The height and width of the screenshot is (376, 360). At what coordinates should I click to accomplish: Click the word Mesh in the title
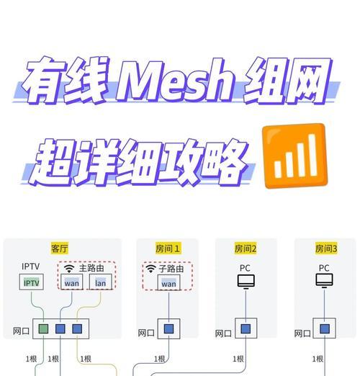tap(174, 81)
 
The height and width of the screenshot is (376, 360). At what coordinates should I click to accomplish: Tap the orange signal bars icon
tap(295, 156)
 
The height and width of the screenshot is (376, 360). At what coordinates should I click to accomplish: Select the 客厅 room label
tap(60, 248)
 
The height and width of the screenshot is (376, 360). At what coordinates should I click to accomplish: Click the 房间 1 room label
tap(168, 249)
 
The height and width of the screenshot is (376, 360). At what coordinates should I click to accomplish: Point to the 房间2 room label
tap(246, 249)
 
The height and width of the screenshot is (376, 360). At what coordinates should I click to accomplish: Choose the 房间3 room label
tap(326, 249)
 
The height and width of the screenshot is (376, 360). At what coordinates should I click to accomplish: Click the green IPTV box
tap(32, 282)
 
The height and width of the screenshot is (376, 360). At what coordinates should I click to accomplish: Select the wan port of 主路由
tap(72, 282)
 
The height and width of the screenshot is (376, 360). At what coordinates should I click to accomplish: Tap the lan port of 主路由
tap(101, 282)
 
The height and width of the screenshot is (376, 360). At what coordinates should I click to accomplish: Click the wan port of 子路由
tap(168, 282)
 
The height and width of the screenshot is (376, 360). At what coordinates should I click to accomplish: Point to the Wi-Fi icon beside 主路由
tap(69, 269)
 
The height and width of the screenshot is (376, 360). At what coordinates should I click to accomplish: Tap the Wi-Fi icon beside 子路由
tap(150, 269)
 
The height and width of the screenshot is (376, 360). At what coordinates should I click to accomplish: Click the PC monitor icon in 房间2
tap(246, 282)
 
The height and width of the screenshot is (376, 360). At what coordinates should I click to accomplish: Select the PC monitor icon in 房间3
tap(324, 280)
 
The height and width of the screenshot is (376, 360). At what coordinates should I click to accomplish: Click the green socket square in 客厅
tap(43, 328)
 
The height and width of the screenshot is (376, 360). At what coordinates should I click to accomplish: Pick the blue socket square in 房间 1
tap(168, 328)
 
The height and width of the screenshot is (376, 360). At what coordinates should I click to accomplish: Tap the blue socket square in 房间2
tap(246, 328)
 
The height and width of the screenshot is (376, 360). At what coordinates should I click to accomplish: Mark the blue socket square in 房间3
tap(325, 328)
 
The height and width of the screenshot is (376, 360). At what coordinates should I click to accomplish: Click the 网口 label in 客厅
tap(21, 331)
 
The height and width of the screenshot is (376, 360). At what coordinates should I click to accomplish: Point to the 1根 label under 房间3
tap(318, 359)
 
